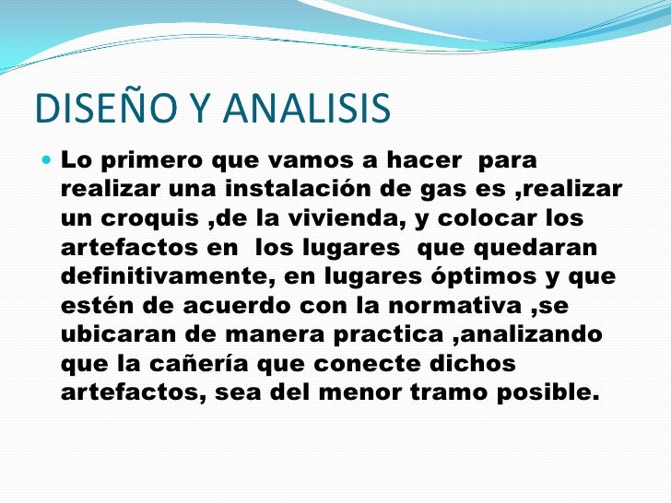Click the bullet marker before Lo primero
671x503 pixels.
(x=47, y=160)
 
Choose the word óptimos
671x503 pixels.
(x=479, y=277)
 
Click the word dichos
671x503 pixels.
(x=468, y=364)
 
